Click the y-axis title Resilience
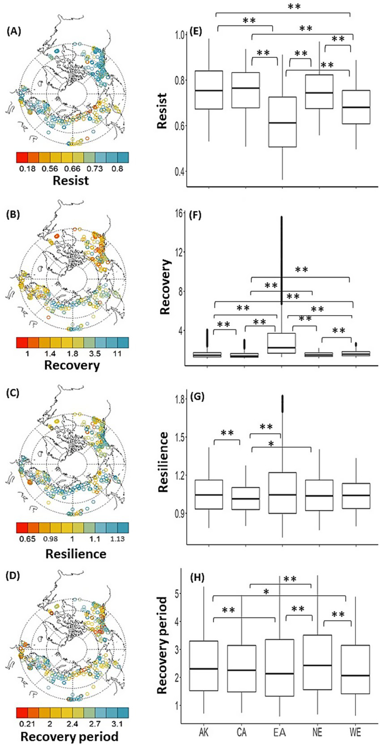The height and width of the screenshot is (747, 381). pyautogui.click(x=163, y=462)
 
